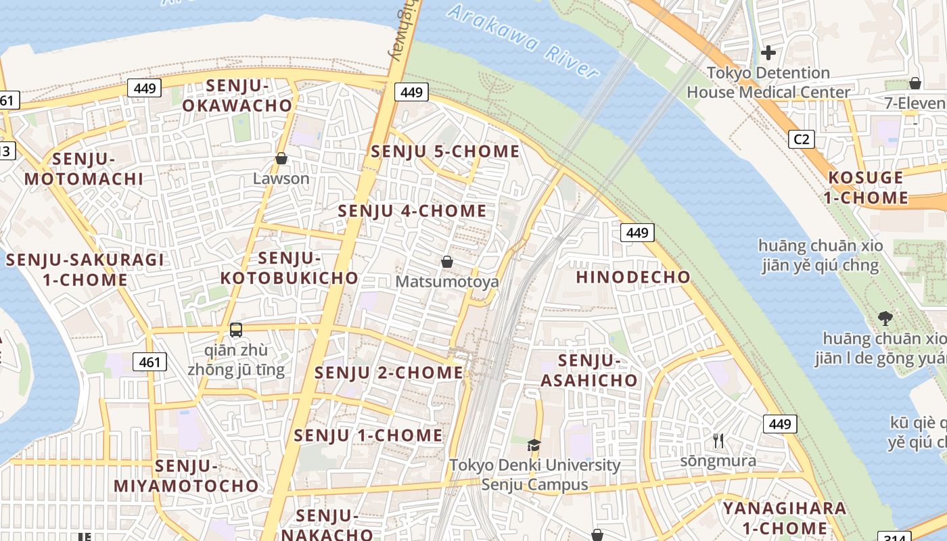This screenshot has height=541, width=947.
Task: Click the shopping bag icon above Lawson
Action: point(281,159)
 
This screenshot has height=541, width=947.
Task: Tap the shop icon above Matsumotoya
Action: point(447,262)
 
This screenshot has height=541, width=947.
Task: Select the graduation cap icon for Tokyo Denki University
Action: point(534,445)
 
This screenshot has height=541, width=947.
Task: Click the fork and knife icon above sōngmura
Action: point(718,441)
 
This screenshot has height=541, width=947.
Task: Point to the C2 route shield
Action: point(801,139)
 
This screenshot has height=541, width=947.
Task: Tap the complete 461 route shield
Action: point(149,362)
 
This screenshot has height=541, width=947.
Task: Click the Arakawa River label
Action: point(524,40)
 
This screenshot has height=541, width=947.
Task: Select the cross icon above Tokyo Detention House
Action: point(768,52)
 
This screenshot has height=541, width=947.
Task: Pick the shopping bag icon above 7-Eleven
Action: point(915,83)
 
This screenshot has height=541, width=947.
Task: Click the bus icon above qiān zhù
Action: point(236,330)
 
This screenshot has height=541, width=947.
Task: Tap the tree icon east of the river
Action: point(884,318)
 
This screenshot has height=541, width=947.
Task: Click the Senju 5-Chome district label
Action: point(445,151)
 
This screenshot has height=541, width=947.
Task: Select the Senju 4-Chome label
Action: point(412,211)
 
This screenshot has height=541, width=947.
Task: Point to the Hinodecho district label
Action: point(633,277)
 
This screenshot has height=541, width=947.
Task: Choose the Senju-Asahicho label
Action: point(589,370)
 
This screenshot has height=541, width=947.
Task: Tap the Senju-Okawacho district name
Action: point(237,95)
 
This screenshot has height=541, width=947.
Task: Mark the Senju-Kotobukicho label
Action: point(290,268)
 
